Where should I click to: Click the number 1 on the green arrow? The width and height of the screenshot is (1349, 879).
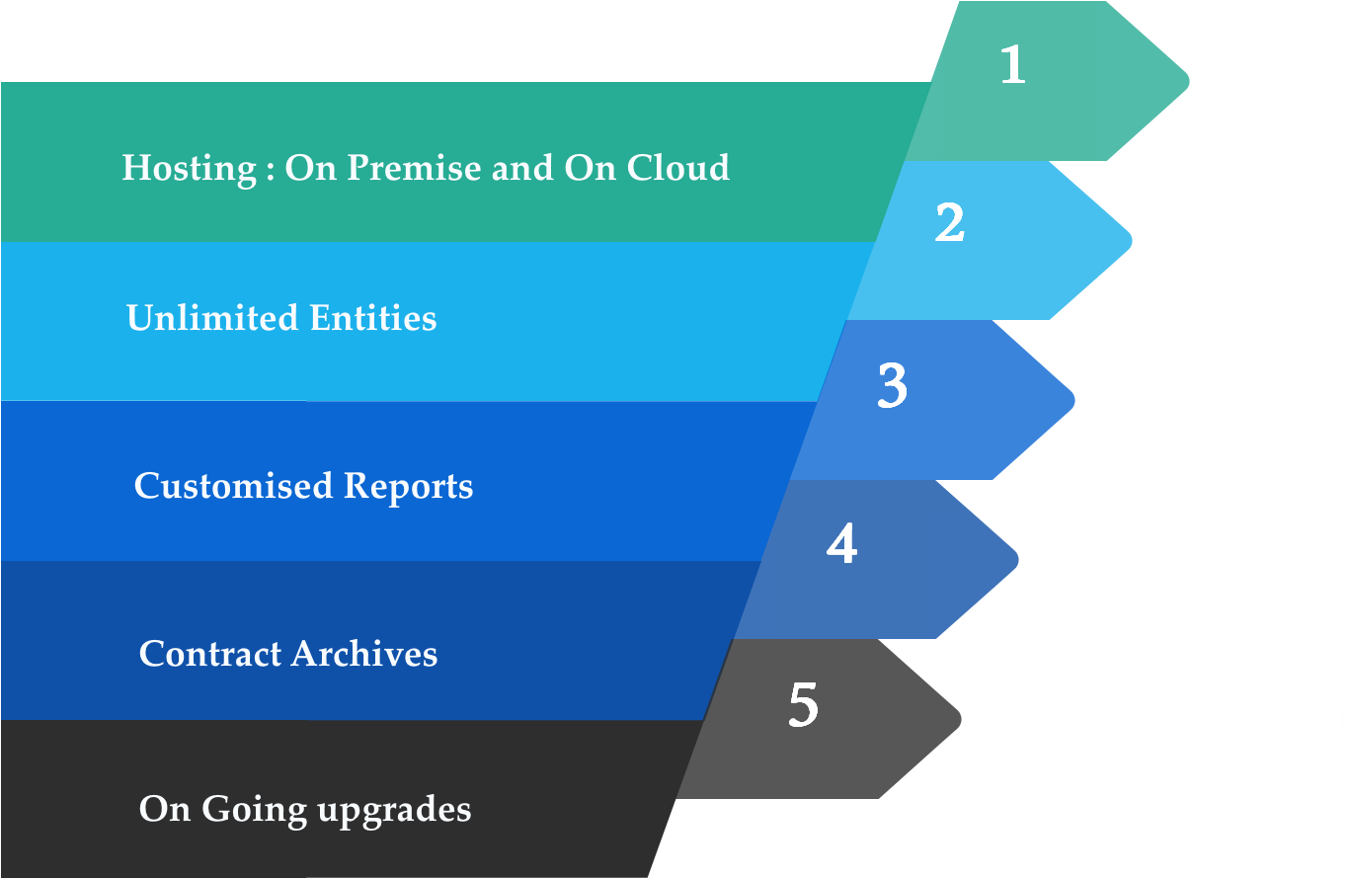point(1012,65)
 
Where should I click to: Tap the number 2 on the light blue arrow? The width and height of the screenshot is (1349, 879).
point(949,223)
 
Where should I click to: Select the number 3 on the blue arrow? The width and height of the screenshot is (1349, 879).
point(892,386)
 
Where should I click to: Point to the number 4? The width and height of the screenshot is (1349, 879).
point(841,544)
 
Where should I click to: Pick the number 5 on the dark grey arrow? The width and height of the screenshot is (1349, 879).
point(804,705)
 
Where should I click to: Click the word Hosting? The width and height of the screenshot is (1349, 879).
point(175,169)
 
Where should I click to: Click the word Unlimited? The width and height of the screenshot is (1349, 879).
point(211,318)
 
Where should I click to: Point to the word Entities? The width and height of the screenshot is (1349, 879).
point(372,318)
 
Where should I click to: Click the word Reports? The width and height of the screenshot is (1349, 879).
point(408,487)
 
